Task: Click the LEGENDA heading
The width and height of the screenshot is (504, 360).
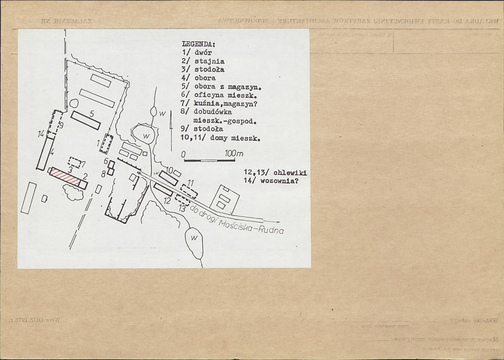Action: [198, 44]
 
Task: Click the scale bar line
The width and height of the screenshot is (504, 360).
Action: [201, 160]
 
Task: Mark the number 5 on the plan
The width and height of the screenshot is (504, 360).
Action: [92, 113]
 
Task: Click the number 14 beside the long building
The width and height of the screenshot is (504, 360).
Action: [41, 134]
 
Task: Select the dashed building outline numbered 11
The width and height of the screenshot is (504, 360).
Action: [189, 191]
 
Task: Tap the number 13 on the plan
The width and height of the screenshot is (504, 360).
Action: [182, 208]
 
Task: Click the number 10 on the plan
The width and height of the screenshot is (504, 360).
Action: [169, 170]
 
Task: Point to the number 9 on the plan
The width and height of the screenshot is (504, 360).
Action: [61, 125]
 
